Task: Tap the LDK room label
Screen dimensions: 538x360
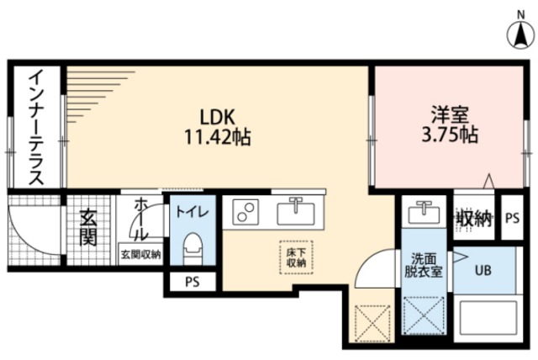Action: pos(218,117)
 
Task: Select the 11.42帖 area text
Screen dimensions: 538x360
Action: pos(218,136)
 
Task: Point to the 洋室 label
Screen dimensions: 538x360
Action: pos(450,114)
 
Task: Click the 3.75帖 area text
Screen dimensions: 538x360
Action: pos(450,135)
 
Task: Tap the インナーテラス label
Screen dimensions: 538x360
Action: pos(36,127)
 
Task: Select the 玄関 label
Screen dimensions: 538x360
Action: pos(88,228)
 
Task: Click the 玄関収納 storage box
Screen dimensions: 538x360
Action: pos(140,254)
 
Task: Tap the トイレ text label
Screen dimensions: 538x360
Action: pos(193,212)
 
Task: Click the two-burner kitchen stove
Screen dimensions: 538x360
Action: pos(245,211)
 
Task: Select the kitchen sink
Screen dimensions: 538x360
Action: pos(295,213)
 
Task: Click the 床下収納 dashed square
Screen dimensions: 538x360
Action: pos(296,257)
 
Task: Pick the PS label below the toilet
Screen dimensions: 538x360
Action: pos(193,282)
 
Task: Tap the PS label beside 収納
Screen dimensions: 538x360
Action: pos(512,218)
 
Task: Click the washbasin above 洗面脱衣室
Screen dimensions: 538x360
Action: pos(424,212)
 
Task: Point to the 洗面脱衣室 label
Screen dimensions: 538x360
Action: pos(424,265)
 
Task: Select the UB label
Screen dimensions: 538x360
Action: pos(483,271)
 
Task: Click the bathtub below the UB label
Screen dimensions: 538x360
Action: pos(488,317)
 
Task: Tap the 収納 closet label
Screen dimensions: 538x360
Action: pos(474,218)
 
